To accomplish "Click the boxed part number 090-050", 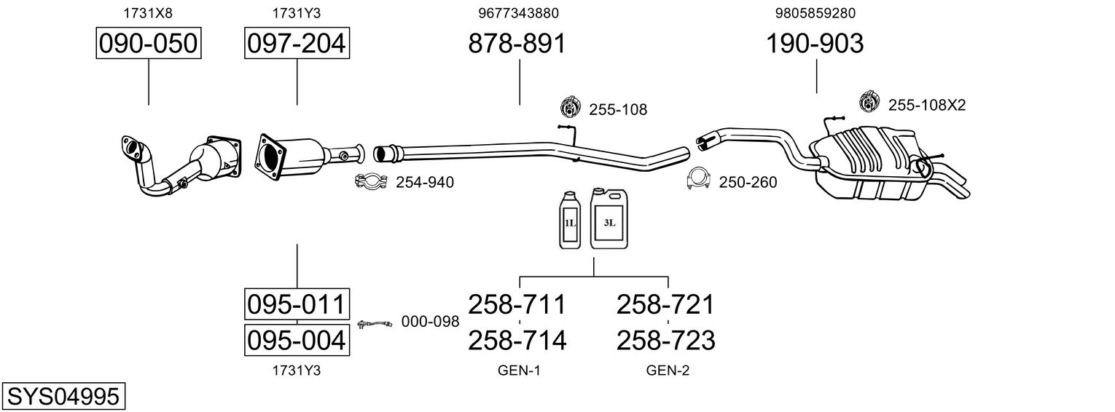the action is [x=149, y=43].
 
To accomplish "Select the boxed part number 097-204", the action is [x=297, y=43].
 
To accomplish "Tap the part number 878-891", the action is [x=517, y=44].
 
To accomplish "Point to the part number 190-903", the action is [x=814, y=44].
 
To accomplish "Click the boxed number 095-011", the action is [x=297, y=304].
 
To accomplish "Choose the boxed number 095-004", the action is [x=297, y=341].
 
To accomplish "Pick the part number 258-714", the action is [x=517, y=341].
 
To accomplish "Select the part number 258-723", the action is [x=665, y=341].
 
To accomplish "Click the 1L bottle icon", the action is [x=570, y=220].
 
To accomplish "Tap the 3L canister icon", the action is [x=609, y=218].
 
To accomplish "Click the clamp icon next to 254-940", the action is [x=371, y=181].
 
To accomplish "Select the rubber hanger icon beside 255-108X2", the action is [x=869, y=101].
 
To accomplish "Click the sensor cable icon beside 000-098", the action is [x=375, y=324].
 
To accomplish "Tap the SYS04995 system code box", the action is [x=63, y=397].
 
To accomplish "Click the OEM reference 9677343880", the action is [x=518, y=13].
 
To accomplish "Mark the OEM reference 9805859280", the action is [x=815, y=13].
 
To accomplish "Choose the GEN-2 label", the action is [x=668, y=371].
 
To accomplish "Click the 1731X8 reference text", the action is [x=148, y=13].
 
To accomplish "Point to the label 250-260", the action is [x=748, y=183].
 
